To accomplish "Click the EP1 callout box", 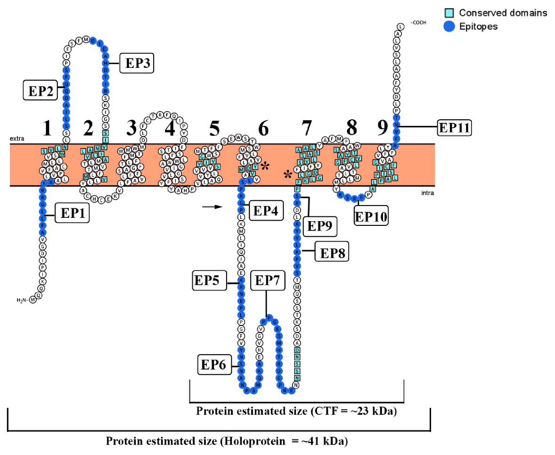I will [x=72, y=214].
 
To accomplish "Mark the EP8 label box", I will [x=333, y=253].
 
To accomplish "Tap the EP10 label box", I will [x=371, y=216].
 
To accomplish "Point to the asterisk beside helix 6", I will [x=266, y=165].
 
